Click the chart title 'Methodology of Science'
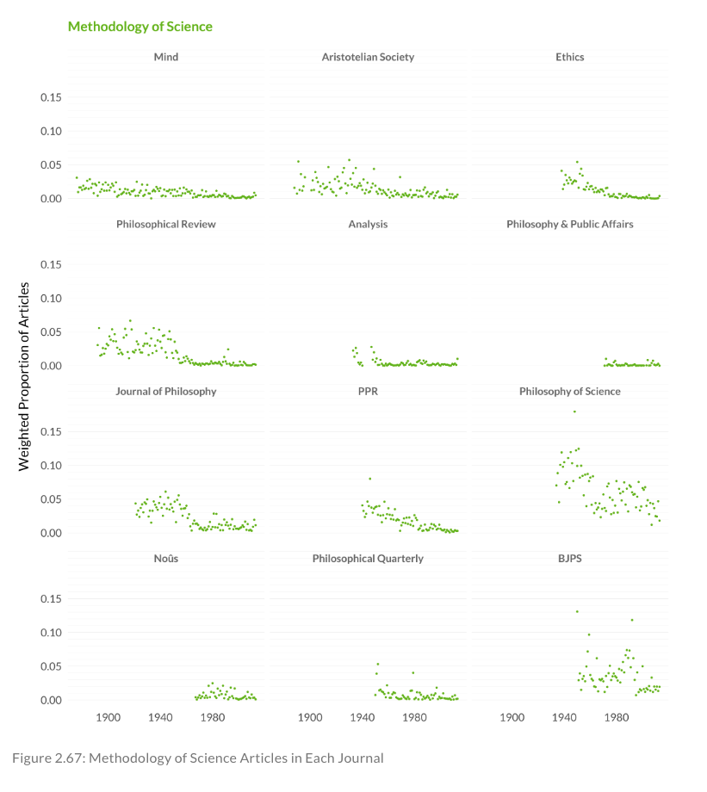click(140, 27)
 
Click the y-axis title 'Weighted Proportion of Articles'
click(24, 375)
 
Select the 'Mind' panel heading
click(166, 57)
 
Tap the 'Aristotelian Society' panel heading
click(368, 57)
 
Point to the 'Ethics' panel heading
click(569, 57)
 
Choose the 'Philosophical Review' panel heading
click(166, 224)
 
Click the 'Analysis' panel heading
click(368, 224)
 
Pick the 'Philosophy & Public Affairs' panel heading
click(569, 224)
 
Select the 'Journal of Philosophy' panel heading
click(166, 391)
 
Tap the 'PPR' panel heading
click(368, 391)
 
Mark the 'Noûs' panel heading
click(166, 558)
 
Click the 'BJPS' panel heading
click(569, 558)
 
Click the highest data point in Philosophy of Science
click(574, 411)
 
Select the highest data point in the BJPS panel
click(577, 611)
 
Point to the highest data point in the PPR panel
click(370, 479)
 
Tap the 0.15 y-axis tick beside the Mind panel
click(51, 97)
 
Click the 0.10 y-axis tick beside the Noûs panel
click(51, 633)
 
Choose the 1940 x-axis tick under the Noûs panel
click(160, 717)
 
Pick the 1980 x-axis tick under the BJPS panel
click(617, 717)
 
